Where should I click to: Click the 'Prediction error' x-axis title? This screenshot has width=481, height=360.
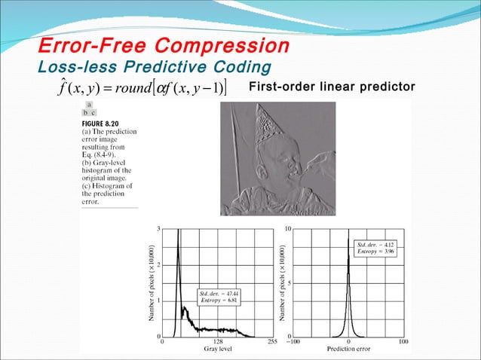click(x=348, y=349)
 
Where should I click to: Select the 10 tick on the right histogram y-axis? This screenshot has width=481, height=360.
click(x=288, y=227)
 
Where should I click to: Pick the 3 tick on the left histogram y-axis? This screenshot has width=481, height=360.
click(x=158, y=227)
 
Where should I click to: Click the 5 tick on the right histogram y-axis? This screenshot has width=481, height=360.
click(x=290, y=282)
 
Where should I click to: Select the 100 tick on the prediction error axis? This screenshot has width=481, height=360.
click(x=403, y=341)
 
